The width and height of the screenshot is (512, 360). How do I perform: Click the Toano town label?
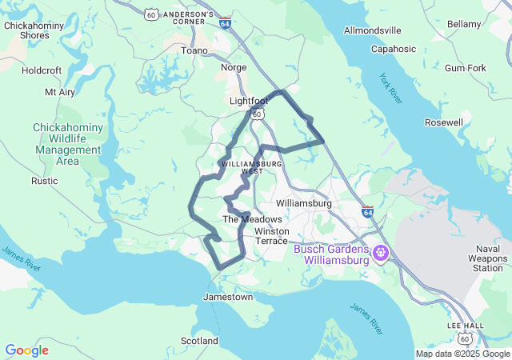pos(194,50)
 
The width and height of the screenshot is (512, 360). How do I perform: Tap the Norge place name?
pos(234,67)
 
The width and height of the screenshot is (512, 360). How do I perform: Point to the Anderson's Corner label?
pos(188,18)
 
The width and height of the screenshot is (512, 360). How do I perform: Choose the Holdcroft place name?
pos(42,70)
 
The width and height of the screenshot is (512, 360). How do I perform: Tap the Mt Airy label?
pos(60,92)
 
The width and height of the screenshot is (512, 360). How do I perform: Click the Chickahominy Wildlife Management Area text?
pos(67,144)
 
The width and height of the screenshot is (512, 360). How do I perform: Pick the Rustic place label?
pos(45,181)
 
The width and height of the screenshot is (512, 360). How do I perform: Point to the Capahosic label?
pos(394,49)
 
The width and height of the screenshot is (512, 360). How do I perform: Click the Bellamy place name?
pos(463,25)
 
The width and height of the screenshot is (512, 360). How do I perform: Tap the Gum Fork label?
pos(465,68)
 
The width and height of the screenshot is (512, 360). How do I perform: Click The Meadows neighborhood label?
pos(252,219)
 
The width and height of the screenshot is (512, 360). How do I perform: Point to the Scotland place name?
pos(199,341)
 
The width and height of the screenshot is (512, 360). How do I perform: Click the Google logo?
pos(27,350)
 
